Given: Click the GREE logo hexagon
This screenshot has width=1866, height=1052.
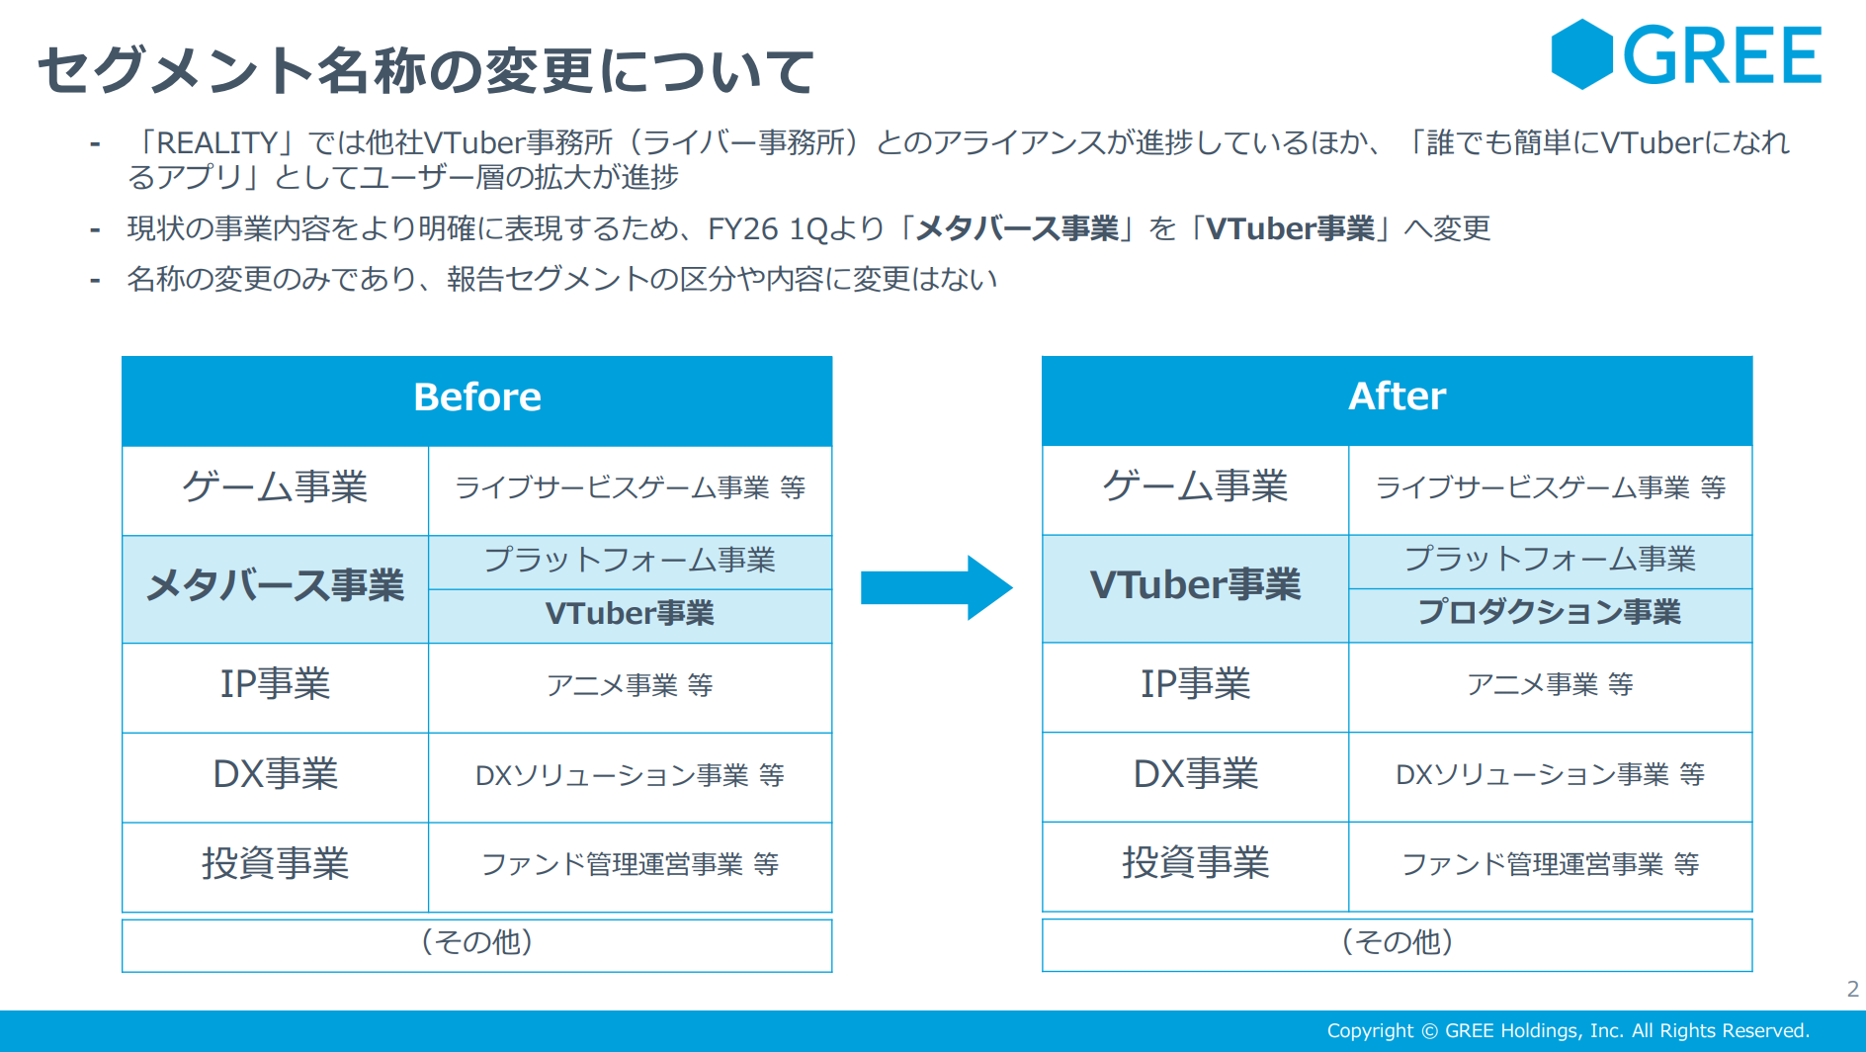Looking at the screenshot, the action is click(x=1582, y=54).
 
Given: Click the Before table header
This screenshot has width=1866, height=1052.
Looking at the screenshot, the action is click(x=477, y=401).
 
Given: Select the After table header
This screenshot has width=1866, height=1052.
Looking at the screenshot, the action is click(x=1397, y=400).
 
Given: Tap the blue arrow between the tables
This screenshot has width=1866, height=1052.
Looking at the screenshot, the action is click(x=937, y=587).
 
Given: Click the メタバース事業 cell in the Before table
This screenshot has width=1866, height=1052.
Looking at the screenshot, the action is click(x=276, y=589).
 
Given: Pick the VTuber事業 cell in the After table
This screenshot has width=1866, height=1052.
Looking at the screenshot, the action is click(x=1196, y=588).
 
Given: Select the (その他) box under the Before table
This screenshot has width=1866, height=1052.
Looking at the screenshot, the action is click(x=477, y=945).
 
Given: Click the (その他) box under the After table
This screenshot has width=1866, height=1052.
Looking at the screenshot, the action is click(x=1397, y=944).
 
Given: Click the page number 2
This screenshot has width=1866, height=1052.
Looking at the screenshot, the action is click(x=1853, y=989).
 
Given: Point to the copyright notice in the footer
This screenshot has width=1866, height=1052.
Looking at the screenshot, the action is click(x=1569, y=1030).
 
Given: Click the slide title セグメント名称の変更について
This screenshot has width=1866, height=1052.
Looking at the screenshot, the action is click(x=426, y=71).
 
